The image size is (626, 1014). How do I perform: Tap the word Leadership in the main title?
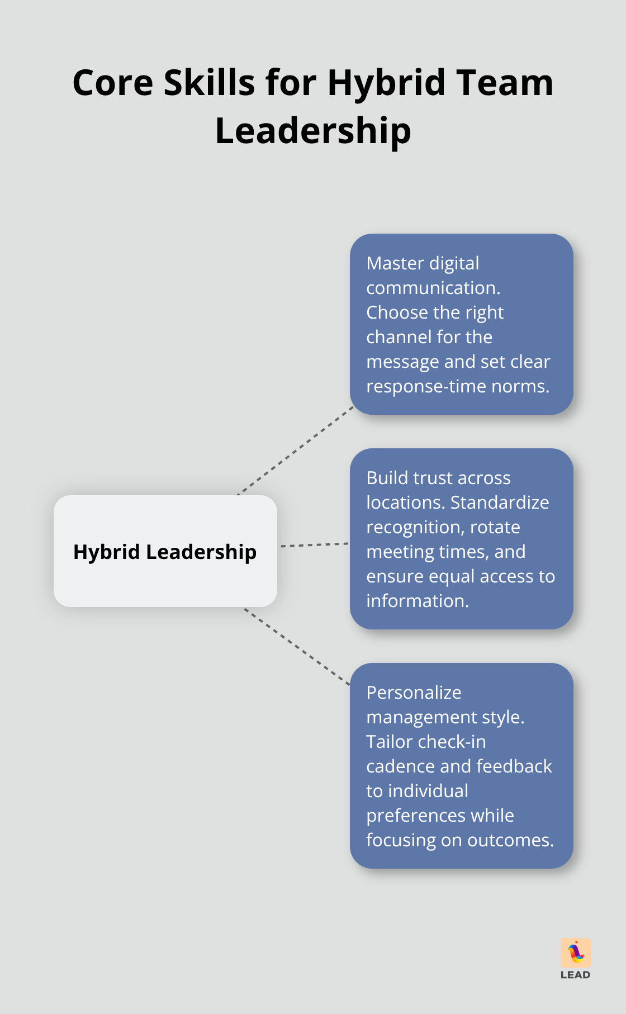pos(313,131)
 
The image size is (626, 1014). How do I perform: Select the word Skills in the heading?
pos(210,83)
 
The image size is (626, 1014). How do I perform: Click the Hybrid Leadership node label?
pos(165,552)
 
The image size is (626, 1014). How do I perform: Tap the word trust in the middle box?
pos(430,478)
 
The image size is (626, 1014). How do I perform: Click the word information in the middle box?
pos(417,601)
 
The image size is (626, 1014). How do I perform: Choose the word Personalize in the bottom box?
pos(414,693)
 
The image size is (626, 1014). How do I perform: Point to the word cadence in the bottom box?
pos(400,766)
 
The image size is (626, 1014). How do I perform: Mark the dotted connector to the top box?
pos(296,451)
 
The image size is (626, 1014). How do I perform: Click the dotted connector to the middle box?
pos(314,544)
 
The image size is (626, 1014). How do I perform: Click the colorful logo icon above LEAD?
pos(576,952)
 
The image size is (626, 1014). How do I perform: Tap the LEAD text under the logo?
pos(575,975)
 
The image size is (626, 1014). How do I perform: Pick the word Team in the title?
pos(504,83)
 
